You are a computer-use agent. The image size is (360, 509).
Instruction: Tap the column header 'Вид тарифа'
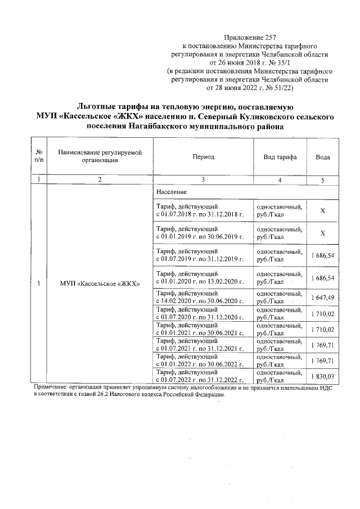pyautogui.click(x=280, y=157)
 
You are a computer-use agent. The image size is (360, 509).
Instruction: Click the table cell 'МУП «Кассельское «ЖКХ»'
pyautogui.click(x=99, y=282)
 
